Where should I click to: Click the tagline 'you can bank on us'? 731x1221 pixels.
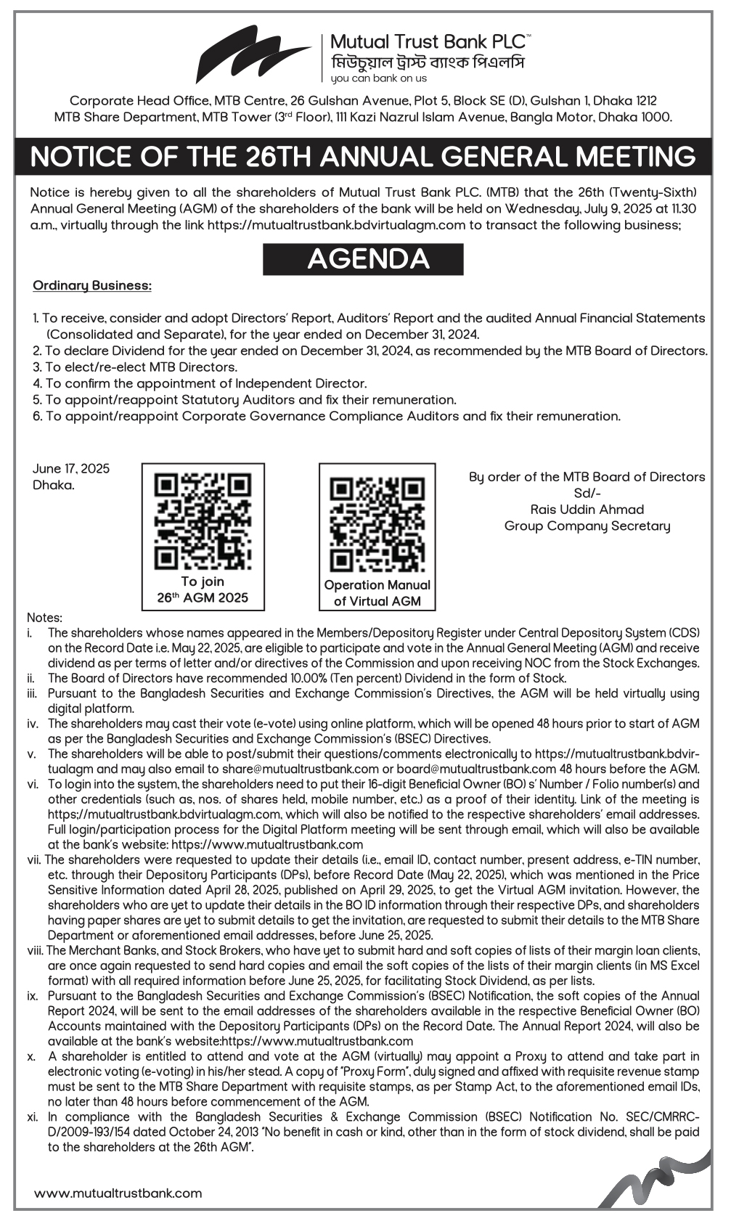(x=378, y=78)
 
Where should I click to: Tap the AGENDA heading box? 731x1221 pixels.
(x=363, y=259)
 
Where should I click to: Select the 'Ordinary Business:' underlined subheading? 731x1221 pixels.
(x=92, y=285)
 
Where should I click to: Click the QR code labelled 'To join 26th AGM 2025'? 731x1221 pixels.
(x=203, y=520)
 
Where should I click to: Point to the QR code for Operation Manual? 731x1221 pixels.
(x=377, y=523)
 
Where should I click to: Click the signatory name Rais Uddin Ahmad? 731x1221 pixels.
(x=587, y=510)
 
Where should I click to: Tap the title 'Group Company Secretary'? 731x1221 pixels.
(x=587, y=526)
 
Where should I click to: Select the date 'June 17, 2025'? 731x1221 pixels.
(x=71, y=469)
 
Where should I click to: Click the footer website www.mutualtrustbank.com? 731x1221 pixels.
(x=118, y=1193)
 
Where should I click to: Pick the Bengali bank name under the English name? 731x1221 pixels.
(x=427, y=62)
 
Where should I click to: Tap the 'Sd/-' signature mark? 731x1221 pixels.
(x=587, y=493)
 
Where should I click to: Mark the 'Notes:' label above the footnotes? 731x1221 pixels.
(x=45, y=618)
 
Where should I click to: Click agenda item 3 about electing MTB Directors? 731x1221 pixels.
(x=135, y=367)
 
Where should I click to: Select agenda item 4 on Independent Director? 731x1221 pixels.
(x=200, y=383)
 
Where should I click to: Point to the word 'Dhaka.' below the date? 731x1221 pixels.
(x=54, y=485)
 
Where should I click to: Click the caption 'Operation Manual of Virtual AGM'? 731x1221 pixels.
(x=377, y=592)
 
